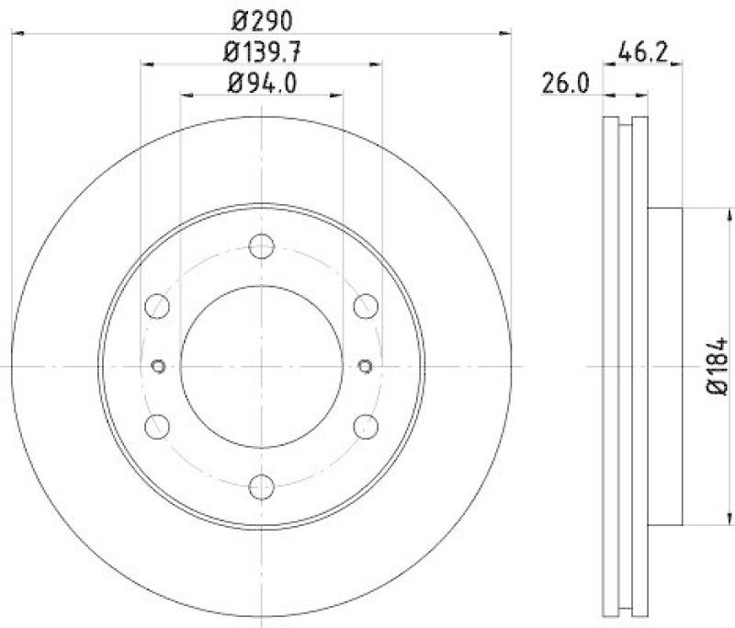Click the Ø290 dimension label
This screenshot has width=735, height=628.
262,20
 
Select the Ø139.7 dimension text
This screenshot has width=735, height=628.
262,52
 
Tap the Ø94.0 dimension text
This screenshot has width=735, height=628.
262,84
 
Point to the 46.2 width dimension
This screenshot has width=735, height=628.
642,51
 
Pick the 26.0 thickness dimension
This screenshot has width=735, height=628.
565,84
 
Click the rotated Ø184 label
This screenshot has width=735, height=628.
717,365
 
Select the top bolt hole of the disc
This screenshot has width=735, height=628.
262,245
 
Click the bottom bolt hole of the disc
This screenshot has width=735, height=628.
262,486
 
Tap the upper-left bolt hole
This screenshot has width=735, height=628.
157,306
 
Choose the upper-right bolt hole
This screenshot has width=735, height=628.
366,306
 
